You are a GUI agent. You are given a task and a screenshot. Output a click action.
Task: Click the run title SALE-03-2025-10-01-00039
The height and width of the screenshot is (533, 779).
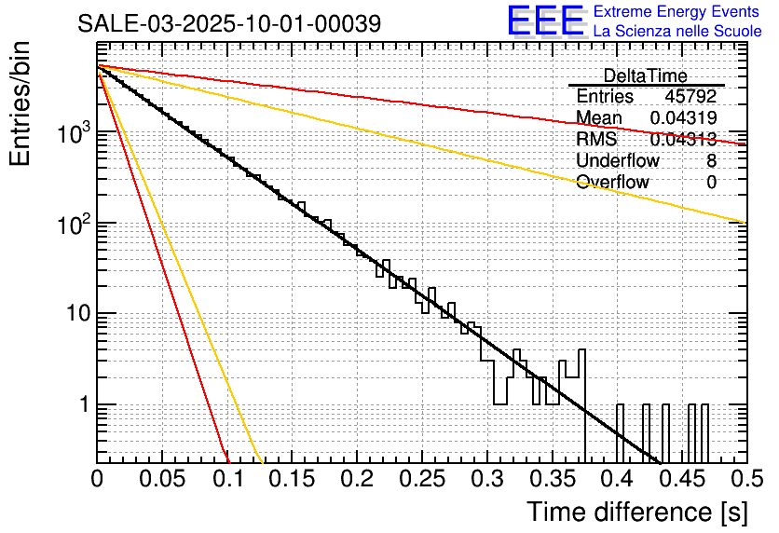point(228,23)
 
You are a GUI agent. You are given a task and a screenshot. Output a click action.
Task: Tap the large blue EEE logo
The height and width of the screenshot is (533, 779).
point(545,21)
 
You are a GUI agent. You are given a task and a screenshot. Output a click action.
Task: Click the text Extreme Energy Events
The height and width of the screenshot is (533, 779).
point(677,12)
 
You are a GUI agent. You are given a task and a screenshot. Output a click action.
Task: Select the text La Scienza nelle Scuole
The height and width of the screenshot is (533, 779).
point(677,32)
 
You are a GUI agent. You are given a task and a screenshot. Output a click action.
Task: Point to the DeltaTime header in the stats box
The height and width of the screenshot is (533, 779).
point(645,75)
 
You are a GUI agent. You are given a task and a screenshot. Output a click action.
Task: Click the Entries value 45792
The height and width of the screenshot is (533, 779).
point(690,97)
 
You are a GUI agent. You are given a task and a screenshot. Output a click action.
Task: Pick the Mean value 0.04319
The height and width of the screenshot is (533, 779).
point(683,118)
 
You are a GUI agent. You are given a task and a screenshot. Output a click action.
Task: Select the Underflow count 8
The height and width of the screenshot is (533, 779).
point(711,161)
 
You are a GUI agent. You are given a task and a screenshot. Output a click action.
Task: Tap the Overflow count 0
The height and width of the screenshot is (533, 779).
point(711,183)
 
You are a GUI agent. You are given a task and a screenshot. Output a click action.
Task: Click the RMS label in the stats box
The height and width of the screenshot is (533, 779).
point(596,140)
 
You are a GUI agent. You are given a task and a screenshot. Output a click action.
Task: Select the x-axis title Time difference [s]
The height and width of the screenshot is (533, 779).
point(636,512)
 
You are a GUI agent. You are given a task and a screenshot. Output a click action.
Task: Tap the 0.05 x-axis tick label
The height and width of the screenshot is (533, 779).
point(161,479)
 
